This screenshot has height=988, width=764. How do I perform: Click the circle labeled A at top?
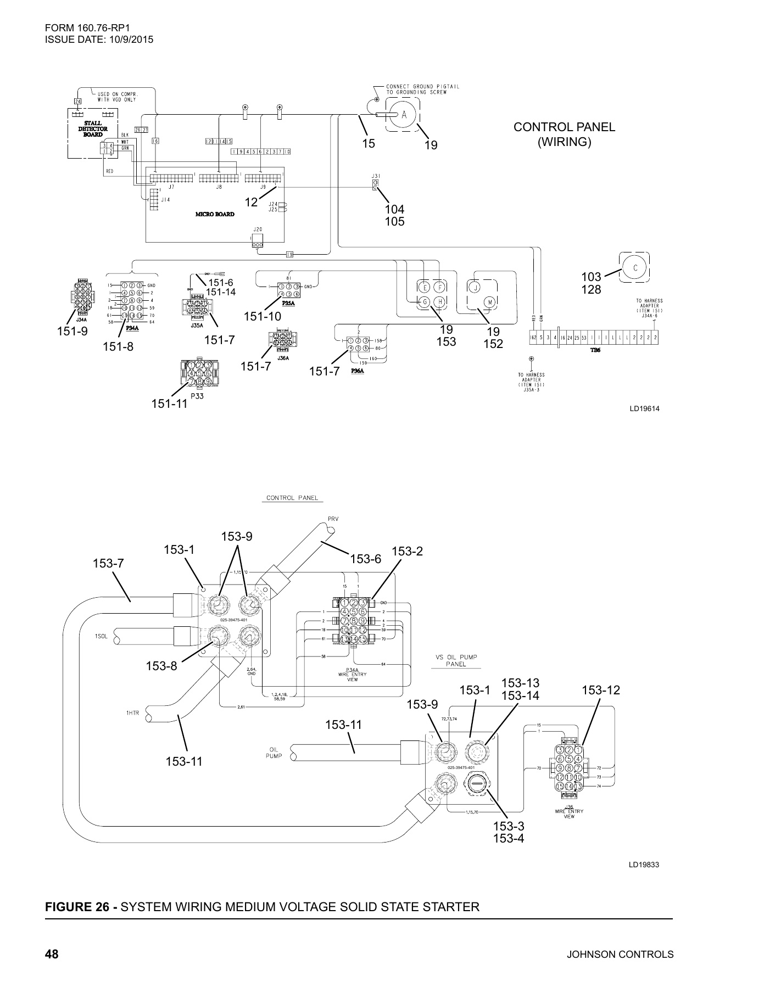pyautogui.click(x=404, y=115)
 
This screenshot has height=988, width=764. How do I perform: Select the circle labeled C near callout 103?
pyautogui.click(x=635, y=268)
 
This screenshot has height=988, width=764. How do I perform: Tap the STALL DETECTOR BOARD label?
pyautogui.click(x=93, y=128)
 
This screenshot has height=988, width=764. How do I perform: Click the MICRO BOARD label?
pyautogui.click(x=215, y=214)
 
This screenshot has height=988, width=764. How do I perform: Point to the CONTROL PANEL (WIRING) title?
pyautogui.click(x=564, y=134)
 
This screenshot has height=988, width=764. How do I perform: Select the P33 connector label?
pyautogui.click(x=197, y=396)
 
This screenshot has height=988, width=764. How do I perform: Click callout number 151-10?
pyautogui.click(x=262, y=316)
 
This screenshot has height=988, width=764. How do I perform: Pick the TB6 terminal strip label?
pyautogui.click(x=595, y=350)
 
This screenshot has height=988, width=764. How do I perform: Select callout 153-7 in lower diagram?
pyautogui.click(x=109, y=563)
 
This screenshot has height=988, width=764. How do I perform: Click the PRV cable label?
pyautogui.click(x=328, y=519)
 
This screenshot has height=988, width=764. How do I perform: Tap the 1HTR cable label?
pyautogui.click(x=132, y=713)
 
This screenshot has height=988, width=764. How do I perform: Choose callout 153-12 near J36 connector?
pyautogui.click(x=601, y=690)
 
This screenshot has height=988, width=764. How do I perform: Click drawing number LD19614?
pyautogui.click(x=644, y=408)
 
